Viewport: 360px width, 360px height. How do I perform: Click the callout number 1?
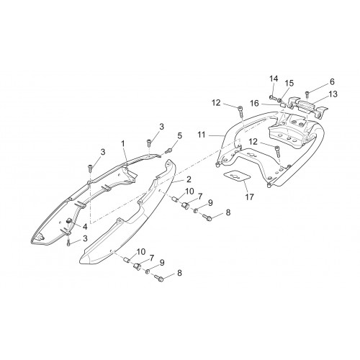pos(123,144)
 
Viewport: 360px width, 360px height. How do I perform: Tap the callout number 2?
pos(189,179)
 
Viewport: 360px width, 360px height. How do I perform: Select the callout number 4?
pos(85,227)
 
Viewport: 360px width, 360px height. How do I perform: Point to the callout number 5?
pos(180,135)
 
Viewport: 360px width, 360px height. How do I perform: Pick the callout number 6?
pos(332,82)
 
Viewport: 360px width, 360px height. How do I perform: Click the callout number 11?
pos(202,135)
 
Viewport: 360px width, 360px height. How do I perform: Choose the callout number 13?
pos(333,94)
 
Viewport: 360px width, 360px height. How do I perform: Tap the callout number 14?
pos(274,78)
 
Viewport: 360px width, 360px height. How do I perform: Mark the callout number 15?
pos(289,84)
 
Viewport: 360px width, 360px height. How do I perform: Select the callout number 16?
pos(255,104)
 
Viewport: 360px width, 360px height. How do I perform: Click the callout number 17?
pos(250,197)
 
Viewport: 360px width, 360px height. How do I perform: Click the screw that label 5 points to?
pos(168,150)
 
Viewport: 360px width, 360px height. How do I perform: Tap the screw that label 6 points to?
pos(307,94)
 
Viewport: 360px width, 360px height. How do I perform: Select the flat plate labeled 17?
pos(237,176)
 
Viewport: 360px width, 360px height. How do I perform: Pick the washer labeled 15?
pos(280,99)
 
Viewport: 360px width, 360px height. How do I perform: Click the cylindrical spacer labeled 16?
pos(284,106)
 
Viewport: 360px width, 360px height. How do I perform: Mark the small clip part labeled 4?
pos(69,220)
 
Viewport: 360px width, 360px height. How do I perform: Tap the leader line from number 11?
pos(216,136)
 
